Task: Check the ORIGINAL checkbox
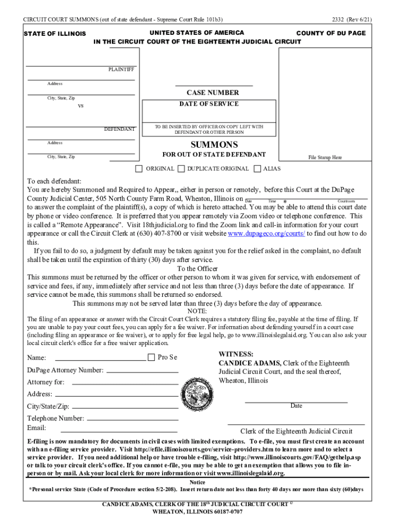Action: click(x=139, y=169)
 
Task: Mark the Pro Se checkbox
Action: click(x=151, y=357)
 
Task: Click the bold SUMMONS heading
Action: click(x=214, y=145)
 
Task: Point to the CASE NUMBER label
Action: click(x=212, y=93)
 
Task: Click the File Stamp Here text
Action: click(x=325, y=158)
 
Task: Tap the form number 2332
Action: click(x=338, y=19)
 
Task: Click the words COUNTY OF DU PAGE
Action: click(x=331, y=33)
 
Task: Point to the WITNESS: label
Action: click(x=235, y=354)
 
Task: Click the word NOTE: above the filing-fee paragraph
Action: click(x=197, y=311)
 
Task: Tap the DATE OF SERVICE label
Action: click(x=209, y=104)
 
